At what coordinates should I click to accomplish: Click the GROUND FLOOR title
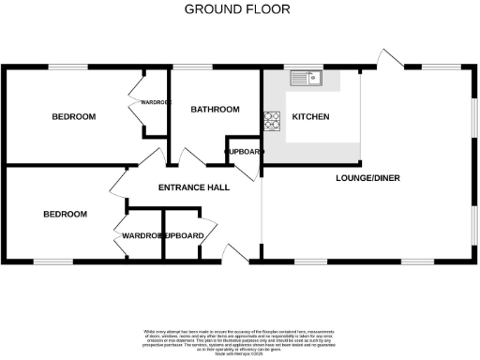tap(236, 9)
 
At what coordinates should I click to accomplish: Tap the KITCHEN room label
tap(310, 117)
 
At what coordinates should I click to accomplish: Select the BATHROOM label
tap(216, 110)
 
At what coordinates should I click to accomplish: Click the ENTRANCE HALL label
tap(194, 187)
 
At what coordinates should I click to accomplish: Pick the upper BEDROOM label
tap(74, 117)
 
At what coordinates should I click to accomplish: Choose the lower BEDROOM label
tap(66, 215)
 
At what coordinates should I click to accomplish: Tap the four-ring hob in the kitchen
tap(273, 119)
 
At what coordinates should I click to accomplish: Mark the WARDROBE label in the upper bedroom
tap(156, 101)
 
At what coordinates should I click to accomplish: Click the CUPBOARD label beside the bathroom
tap(244, 152)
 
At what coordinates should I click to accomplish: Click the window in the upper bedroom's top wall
tap(67, 67)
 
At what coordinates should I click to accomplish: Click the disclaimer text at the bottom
tap(239, 340)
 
